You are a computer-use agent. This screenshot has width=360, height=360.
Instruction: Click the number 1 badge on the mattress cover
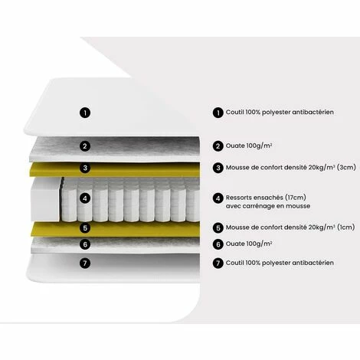pos(86,112)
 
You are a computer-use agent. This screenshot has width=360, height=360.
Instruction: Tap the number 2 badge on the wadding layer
pos(86,146)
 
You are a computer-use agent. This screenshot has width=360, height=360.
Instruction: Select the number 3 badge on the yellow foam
pos(86,169)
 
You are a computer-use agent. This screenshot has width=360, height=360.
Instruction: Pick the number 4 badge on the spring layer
pos(86,198)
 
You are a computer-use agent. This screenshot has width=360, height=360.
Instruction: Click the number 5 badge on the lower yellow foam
pos(86,227)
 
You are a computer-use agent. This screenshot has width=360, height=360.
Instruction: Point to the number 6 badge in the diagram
pos(86,244)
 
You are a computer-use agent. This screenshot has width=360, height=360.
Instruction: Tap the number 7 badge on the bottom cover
pos(86,263)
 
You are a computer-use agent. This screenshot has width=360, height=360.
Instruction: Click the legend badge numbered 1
pos(218,112)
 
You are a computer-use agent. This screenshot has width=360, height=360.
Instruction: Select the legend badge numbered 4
pos(218,198)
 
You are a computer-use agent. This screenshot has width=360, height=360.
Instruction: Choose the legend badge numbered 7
pos(218,263)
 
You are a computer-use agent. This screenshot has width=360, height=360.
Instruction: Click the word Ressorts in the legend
pos(241,197)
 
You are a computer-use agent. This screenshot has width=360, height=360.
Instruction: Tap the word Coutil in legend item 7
pos(236,263)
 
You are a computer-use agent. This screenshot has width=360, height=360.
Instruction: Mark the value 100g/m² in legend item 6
pos(260,244)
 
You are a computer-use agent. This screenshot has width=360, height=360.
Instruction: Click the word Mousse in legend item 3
pos(239,167)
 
